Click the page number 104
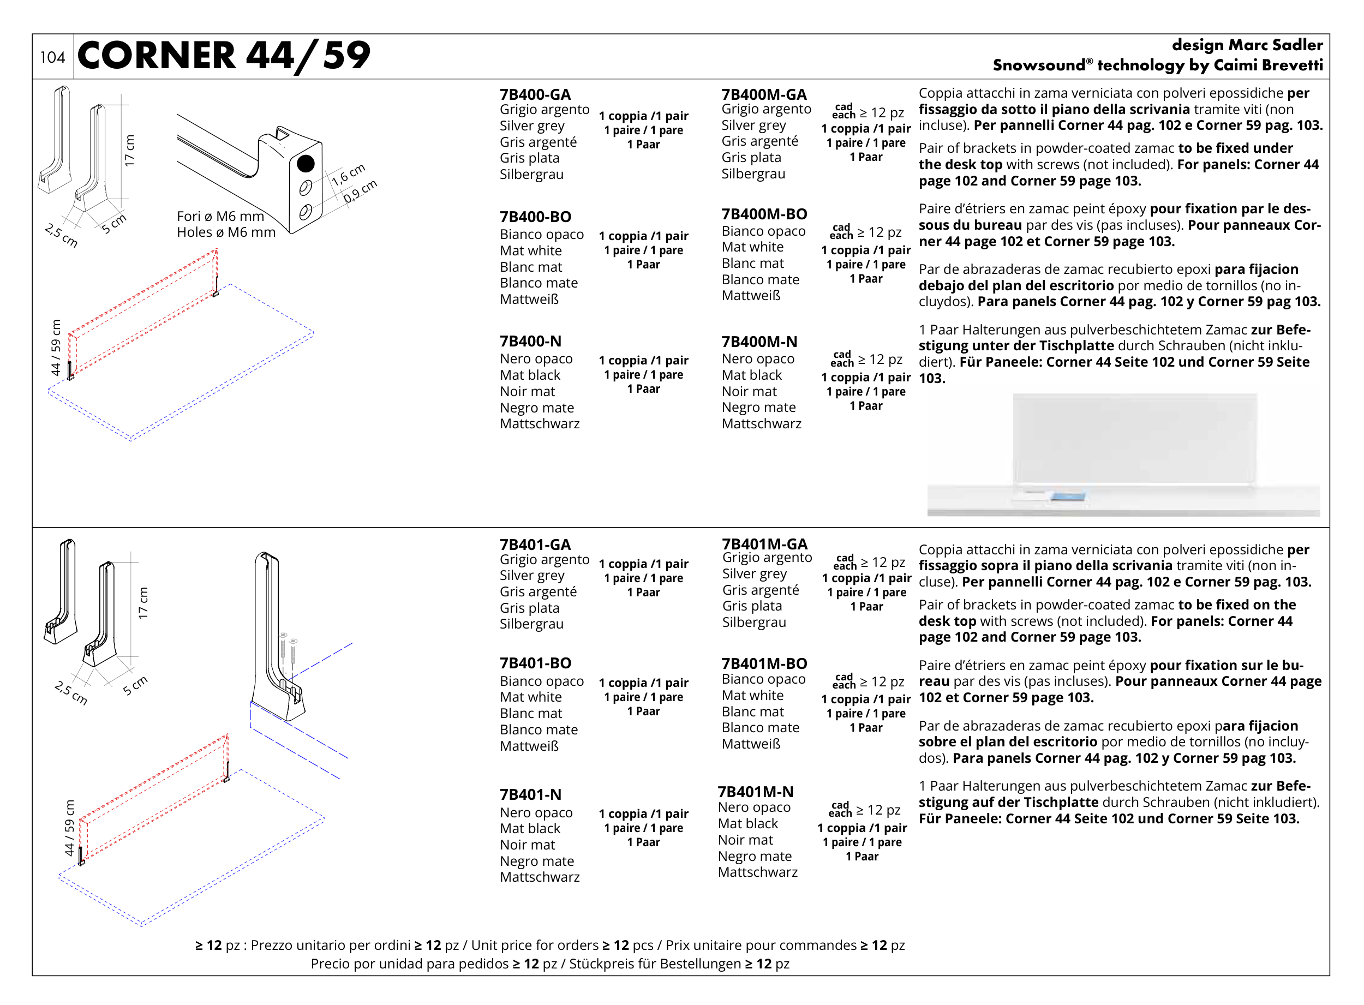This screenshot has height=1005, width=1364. pyautogui.click(x=52, y=57)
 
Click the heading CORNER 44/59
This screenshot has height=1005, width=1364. pyautogui.click(x=223, y=56)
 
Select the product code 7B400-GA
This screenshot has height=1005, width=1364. pyautogui.click(x=535, y=94)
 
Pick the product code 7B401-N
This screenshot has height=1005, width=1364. pyautogui.click(x=530, y=794)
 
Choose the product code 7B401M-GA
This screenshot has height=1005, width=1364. pyautogui.click(x=764, y=544)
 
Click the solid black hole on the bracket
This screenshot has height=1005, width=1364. pyautogui.click(x=306, y=163)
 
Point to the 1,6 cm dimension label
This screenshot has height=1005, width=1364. pyautogui.click(x=349, y=175)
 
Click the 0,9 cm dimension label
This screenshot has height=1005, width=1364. pyautogui.click(x=360, y=191)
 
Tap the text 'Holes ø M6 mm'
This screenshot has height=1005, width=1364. pyautogui.click(x=226, y=232)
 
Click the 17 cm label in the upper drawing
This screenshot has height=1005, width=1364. pyautogui.click(x=130, y=150)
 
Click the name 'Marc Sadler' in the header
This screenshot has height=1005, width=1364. pyautogui.click(x=1275, y=45)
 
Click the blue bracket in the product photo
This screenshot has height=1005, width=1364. pyautogui.click(x=1068, y=497)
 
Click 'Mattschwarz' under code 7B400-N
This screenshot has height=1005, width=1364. pyautogui.click(x=539, y=423)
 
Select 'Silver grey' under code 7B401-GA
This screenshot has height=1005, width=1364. pyautogui.click(x=532, y=576)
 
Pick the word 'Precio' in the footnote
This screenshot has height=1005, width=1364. pyautogui.click(x=332, y=964)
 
